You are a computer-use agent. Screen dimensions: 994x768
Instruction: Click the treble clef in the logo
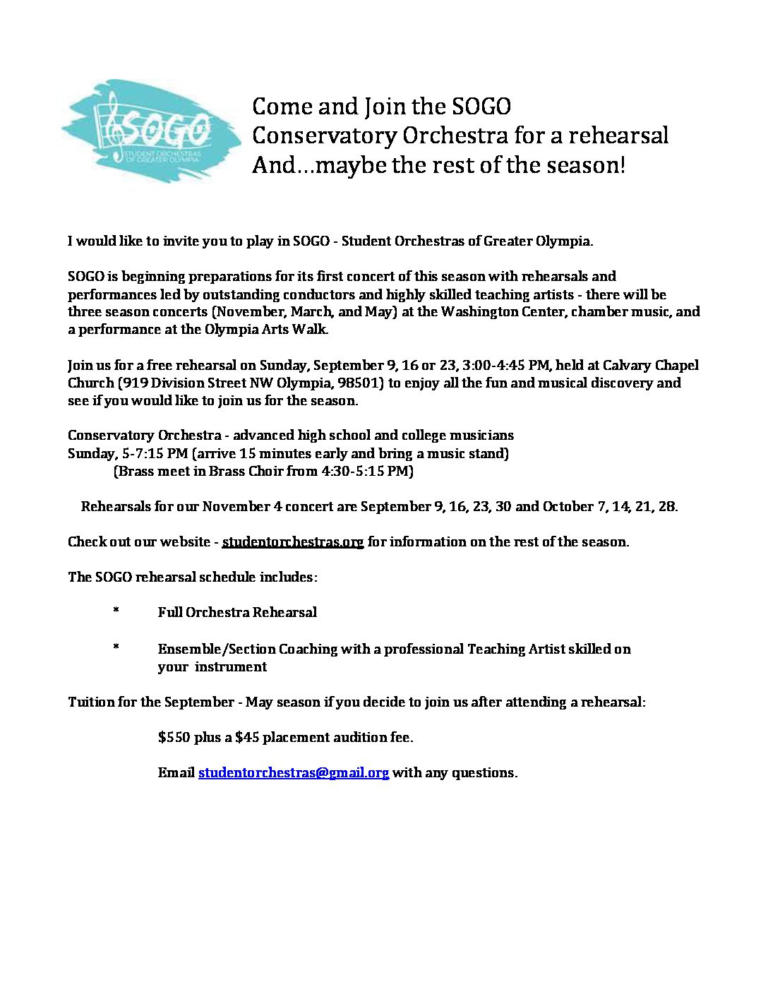click(112, 128)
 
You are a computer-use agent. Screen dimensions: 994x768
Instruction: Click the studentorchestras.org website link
click(292, 542)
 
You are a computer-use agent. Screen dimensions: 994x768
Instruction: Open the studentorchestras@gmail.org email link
click(293, 773)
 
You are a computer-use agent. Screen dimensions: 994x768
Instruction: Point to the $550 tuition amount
click(174, 738)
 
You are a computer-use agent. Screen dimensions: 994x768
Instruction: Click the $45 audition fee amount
click(247, 738)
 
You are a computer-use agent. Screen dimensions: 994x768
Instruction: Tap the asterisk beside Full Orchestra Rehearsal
click(115, 612)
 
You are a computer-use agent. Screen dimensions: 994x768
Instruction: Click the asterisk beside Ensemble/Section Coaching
click(115, 648)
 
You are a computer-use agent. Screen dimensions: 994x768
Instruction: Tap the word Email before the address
click(176, 773)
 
